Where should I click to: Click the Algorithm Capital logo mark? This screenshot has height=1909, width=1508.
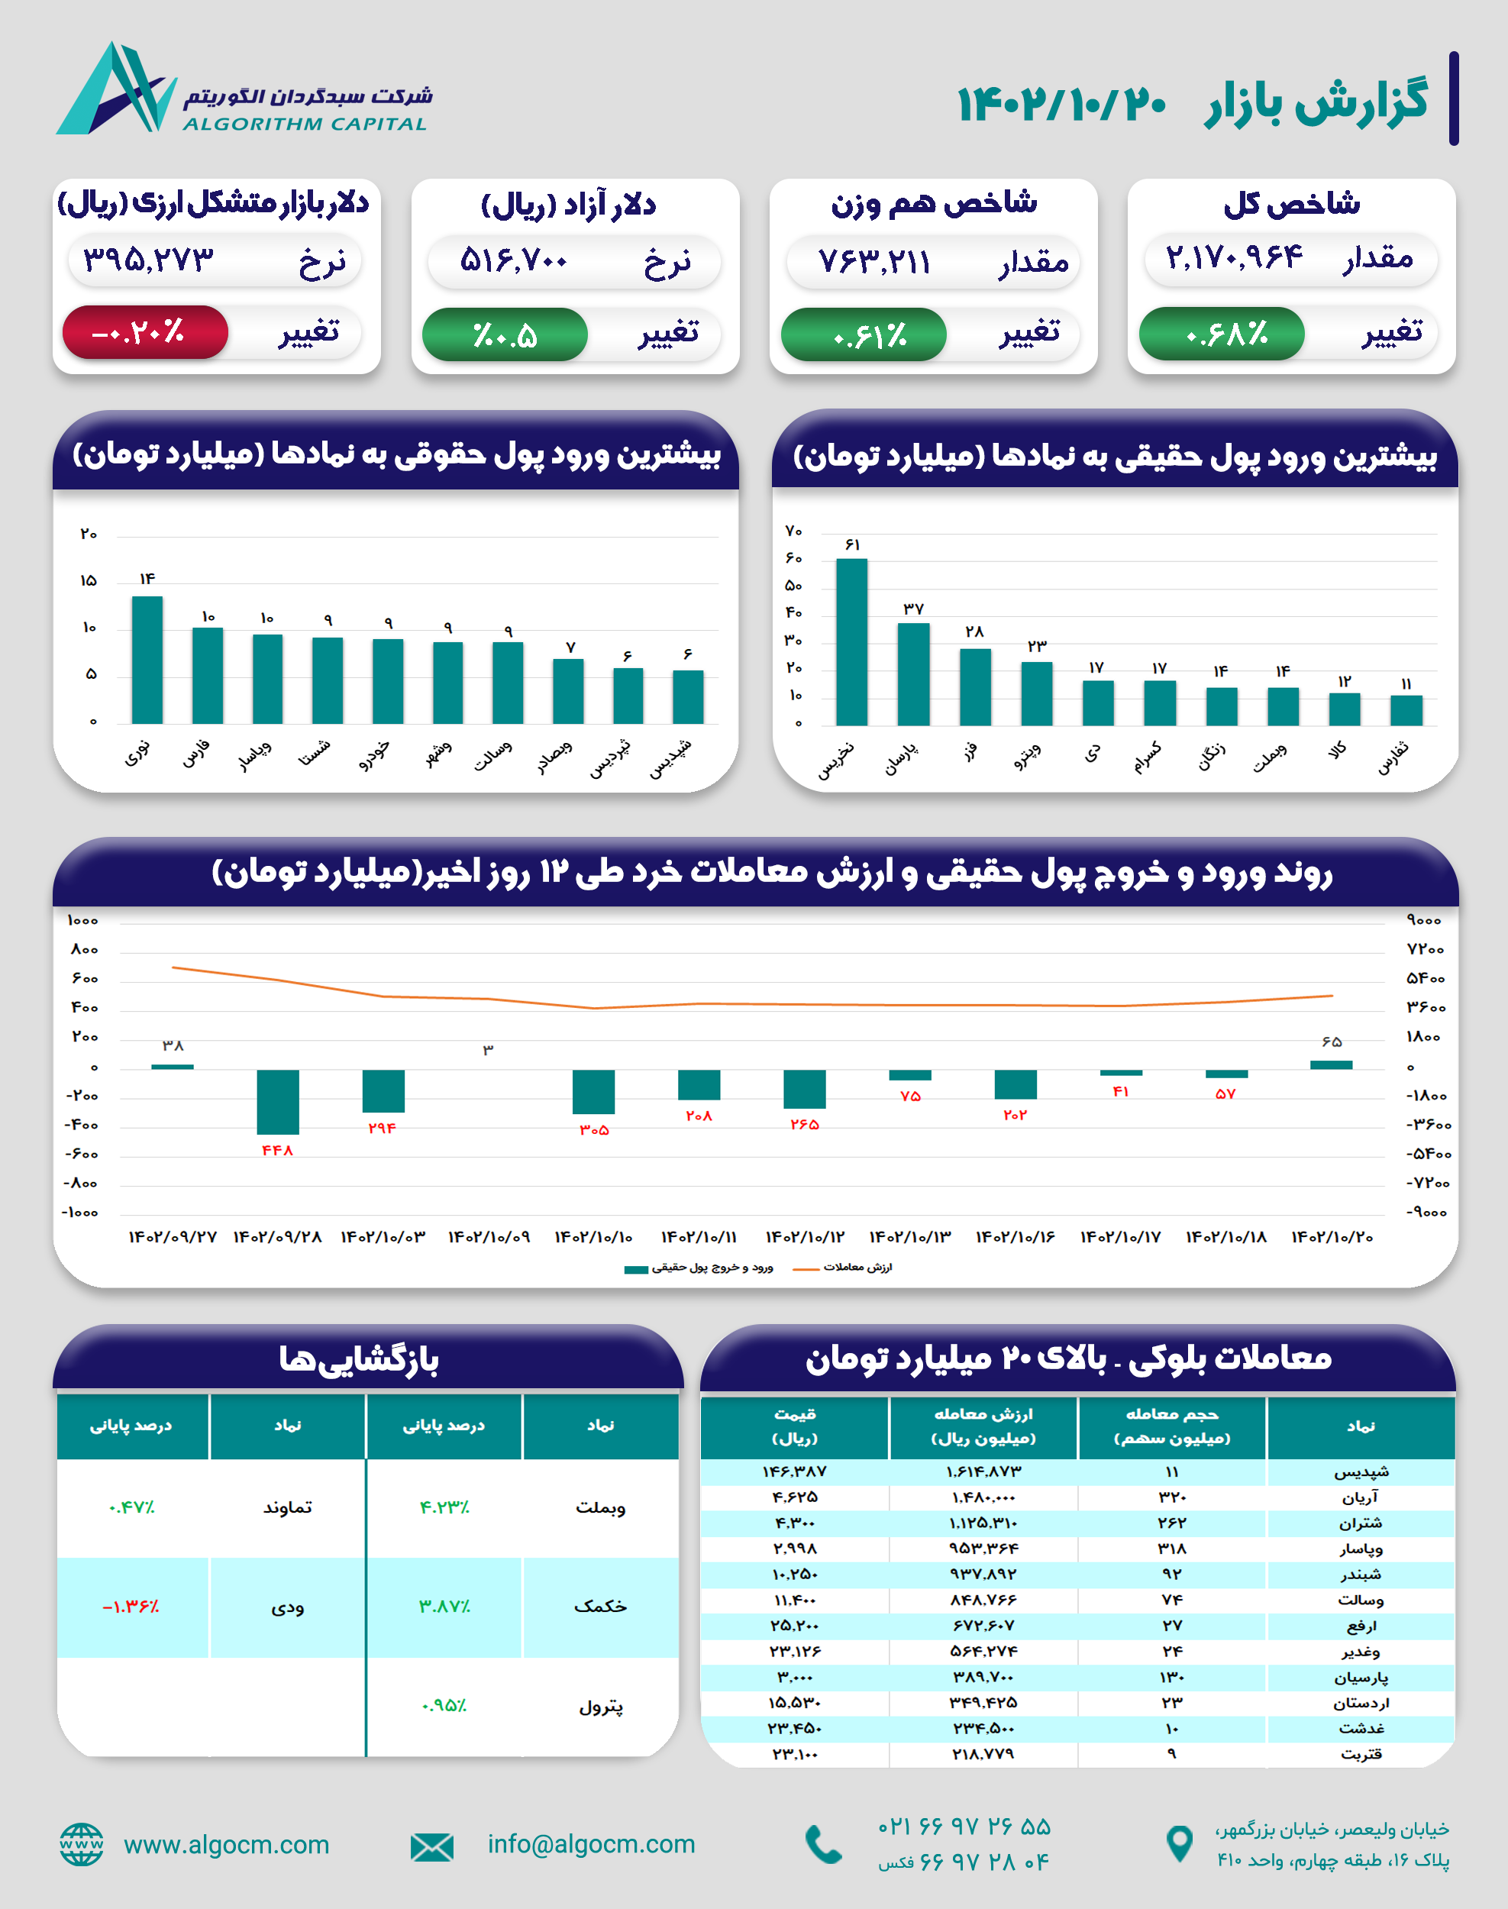coord(115,90)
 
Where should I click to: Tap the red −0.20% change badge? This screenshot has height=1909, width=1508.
coord(145,333)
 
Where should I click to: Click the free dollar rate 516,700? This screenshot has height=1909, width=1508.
coord(513,260)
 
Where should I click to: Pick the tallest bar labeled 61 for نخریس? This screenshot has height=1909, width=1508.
coord(851,641)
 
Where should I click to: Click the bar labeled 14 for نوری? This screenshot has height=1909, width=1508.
coord(147,660)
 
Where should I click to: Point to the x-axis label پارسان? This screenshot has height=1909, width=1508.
coord(902,758)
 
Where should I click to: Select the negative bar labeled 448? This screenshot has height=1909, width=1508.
coord(277,1101)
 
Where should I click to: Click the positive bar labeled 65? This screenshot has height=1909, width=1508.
coord(1331,1064)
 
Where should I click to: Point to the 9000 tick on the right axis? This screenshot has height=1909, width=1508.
coord(1423,920)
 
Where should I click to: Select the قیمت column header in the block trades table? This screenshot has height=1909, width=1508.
coord(795,1426)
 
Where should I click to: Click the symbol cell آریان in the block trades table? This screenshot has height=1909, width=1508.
coord(1360,1497)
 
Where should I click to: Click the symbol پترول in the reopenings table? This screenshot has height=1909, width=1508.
coord(600,1707)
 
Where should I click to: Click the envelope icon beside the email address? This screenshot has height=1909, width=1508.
coord(431,1847)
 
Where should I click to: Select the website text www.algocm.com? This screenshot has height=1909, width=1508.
coord(226,1845)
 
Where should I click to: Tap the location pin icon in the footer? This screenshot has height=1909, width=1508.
coord(1180,1845)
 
